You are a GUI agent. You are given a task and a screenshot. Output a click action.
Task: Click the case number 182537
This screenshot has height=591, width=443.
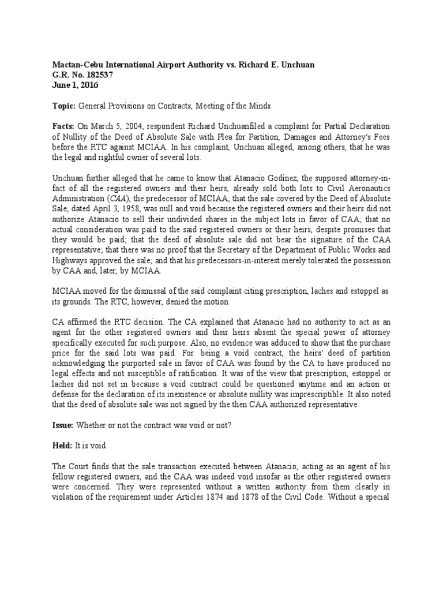(x=88, y=74)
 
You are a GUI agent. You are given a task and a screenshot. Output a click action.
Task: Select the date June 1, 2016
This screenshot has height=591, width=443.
(x=74, y=85)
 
